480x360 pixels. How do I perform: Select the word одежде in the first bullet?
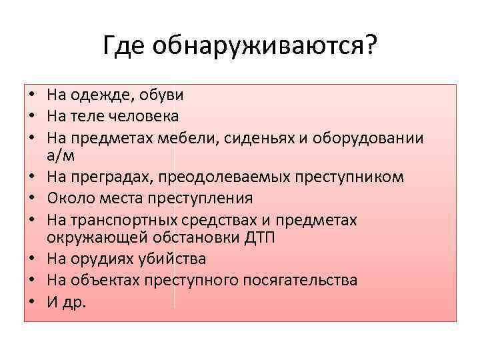pos(100,95)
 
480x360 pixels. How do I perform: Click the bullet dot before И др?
pos(31,301)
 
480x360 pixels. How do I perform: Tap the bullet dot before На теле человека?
pos(31,117)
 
